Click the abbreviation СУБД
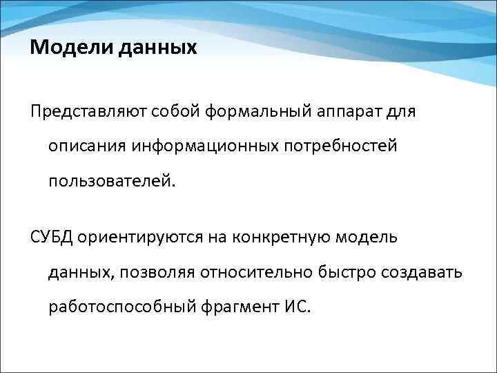[x=50, y=237]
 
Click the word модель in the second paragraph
[x=369, y=237]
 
